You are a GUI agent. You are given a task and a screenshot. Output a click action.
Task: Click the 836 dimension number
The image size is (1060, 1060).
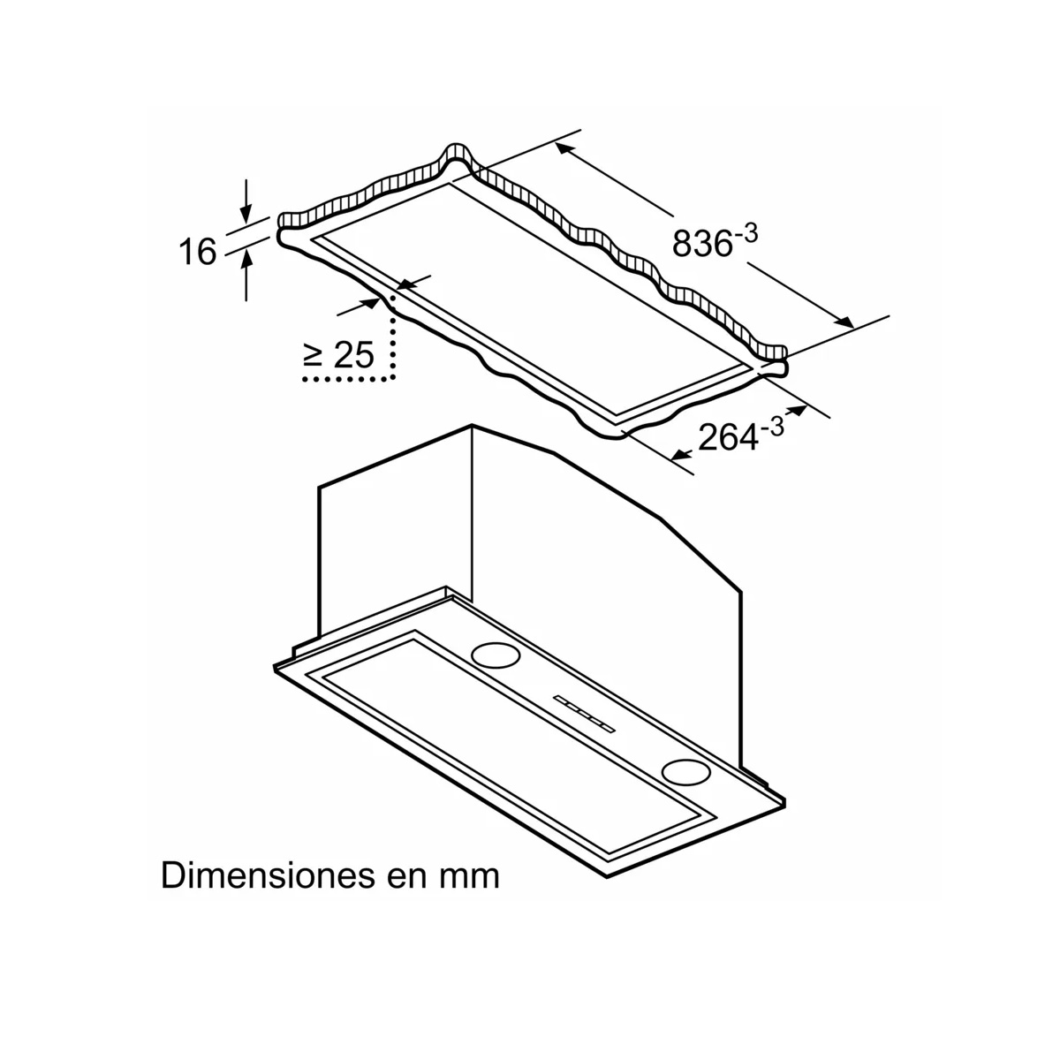[x=702, y=242]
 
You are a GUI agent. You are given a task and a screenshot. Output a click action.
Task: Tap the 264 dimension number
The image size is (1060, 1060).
[x=728, y=437]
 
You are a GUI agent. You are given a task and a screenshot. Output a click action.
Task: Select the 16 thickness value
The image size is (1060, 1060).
[x=198, y=252]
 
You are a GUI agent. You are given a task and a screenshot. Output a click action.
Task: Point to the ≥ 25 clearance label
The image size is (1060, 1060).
[x=338, y=354]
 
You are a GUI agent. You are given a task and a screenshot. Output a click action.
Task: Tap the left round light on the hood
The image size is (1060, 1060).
[x=496, y=655]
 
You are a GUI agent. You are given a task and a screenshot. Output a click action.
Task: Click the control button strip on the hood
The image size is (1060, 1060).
[x=584, y=714]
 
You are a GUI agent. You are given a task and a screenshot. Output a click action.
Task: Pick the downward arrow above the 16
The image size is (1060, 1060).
[x=246, y=201]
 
